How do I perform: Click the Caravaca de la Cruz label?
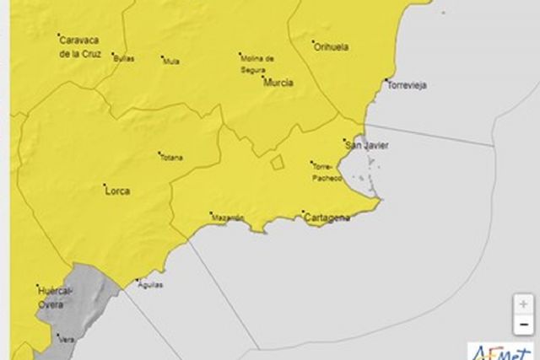(80, 47)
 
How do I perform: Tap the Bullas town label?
(124, 59)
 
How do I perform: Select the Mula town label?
(171, 61)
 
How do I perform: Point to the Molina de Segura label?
(257, 64)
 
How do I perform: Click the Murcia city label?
(278, 83)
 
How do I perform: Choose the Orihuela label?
(331, 47)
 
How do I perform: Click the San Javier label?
(367, 145)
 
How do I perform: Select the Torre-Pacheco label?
(327, 171)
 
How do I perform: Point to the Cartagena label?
(326, 218)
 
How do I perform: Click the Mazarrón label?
(228, 218)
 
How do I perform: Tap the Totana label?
(171, 158)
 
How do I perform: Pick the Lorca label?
(116, 191)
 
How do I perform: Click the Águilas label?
(148, 284)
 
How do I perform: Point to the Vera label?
(65, 339)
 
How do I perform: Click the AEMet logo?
(502, 351)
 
